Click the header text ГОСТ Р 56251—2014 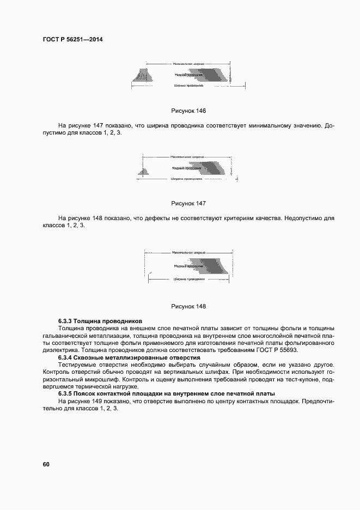[72, 40]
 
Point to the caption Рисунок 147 [188, 203]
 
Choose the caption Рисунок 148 [188, 306]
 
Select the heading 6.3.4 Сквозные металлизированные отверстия [129, 357]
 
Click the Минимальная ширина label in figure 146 [187, 64]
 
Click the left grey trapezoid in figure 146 [143, 77]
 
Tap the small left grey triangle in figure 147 [146, 172]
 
